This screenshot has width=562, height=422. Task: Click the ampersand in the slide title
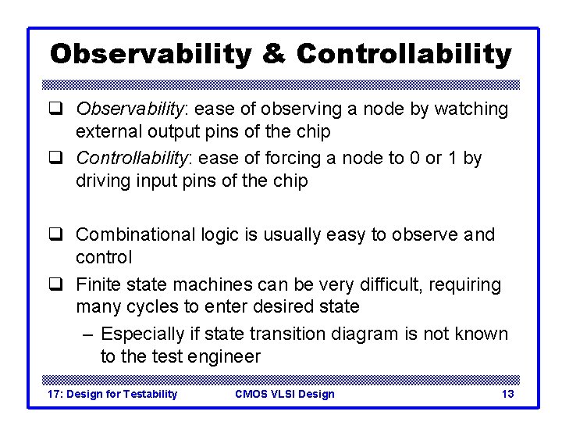tap(274, 54)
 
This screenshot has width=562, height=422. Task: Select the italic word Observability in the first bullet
tap(133, 109)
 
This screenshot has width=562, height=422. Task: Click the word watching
tap(469, 109)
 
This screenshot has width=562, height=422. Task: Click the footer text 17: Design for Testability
tap(113, 394)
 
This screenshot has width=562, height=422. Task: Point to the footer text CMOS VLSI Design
tap(284, 394)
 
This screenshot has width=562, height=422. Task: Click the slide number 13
tap(507, 394)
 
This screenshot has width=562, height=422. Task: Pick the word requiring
tap(464, 284)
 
